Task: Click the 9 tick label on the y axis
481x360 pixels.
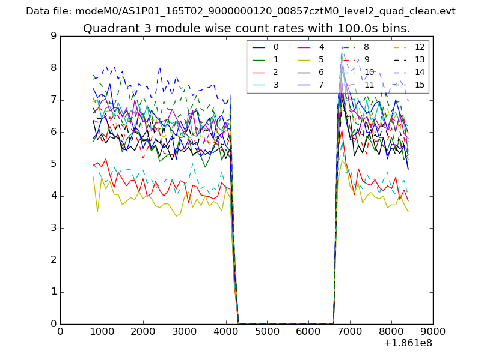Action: point(54,36)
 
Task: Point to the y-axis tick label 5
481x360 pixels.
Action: point(54,164)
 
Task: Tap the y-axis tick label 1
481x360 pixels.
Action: point(54,292)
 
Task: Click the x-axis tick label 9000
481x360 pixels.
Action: point(432,331)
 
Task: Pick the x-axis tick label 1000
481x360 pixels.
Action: point(102,331)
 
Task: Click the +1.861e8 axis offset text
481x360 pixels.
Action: point(407,343)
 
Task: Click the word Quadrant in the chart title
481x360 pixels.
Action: point(108,28)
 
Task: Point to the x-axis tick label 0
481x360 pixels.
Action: point(60,331)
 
